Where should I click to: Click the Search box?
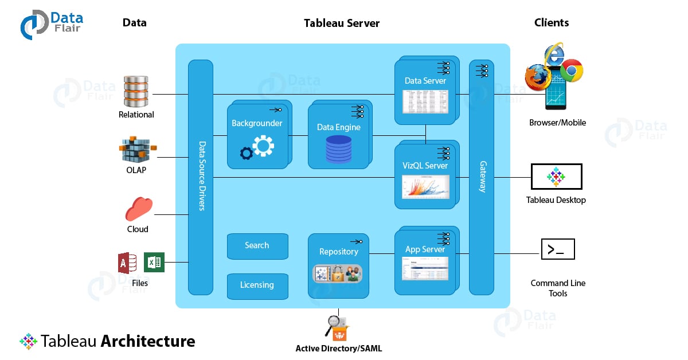[256, 246]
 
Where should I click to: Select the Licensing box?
[256, 285]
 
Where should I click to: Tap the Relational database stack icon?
[136, 91]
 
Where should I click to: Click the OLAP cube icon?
[136, 150]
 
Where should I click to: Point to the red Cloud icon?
[139, 209]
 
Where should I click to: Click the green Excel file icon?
[154, 263]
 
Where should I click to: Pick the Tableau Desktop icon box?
[556, 177]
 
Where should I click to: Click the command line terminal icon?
[557, 249]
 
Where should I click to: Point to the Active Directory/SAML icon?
[338, 328]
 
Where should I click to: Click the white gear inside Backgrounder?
[263, 146]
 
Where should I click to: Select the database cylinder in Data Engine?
[338, 149]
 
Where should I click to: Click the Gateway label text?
[482, 177]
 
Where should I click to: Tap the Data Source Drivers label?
[201, 177]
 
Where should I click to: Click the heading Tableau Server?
[341, 24]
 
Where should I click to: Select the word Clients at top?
[551, 23]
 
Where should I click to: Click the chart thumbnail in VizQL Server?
[425, 187]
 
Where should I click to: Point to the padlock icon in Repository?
[338, 274]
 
